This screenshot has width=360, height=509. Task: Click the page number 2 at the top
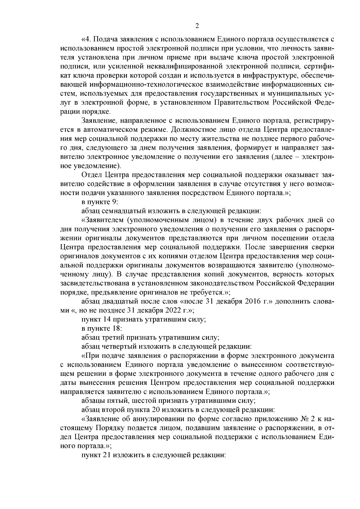(197, 26)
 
